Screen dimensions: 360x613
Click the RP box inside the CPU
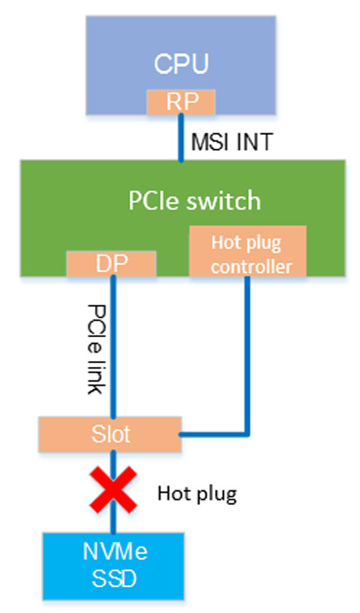click(x=181, y=102)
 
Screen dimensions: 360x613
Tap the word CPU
click(x=181, y=64)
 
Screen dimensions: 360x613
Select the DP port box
click(x=111, y=264)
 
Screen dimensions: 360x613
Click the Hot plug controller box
click(x=247, y=251)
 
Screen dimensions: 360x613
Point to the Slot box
click(x=110, y=434)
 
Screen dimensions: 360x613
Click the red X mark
click(x=113, y=490)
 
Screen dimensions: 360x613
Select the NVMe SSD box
click(x=113, y=566)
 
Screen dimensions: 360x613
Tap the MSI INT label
click(x=232, y=142)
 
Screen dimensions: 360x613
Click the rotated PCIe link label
click(x=97, y=349)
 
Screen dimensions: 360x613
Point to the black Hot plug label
click(x=197, y=494)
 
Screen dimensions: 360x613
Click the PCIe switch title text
click(x=195, y=201)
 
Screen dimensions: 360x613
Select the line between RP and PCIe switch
click(x=181, y=138)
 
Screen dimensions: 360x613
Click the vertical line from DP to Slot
click(x=113, y=347)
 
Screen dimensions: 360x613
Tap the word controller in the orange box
click(x=251, y=267)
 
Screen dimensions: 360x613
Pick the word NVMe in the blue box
click(x=116, y=552)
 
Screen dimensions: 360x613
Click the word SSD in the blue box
click(x=114, y=579)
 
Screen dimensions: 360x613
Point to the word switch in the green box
click(x=222, y=201)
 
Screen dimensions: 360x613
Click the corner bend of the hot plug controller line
click(x=247, y=434)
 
